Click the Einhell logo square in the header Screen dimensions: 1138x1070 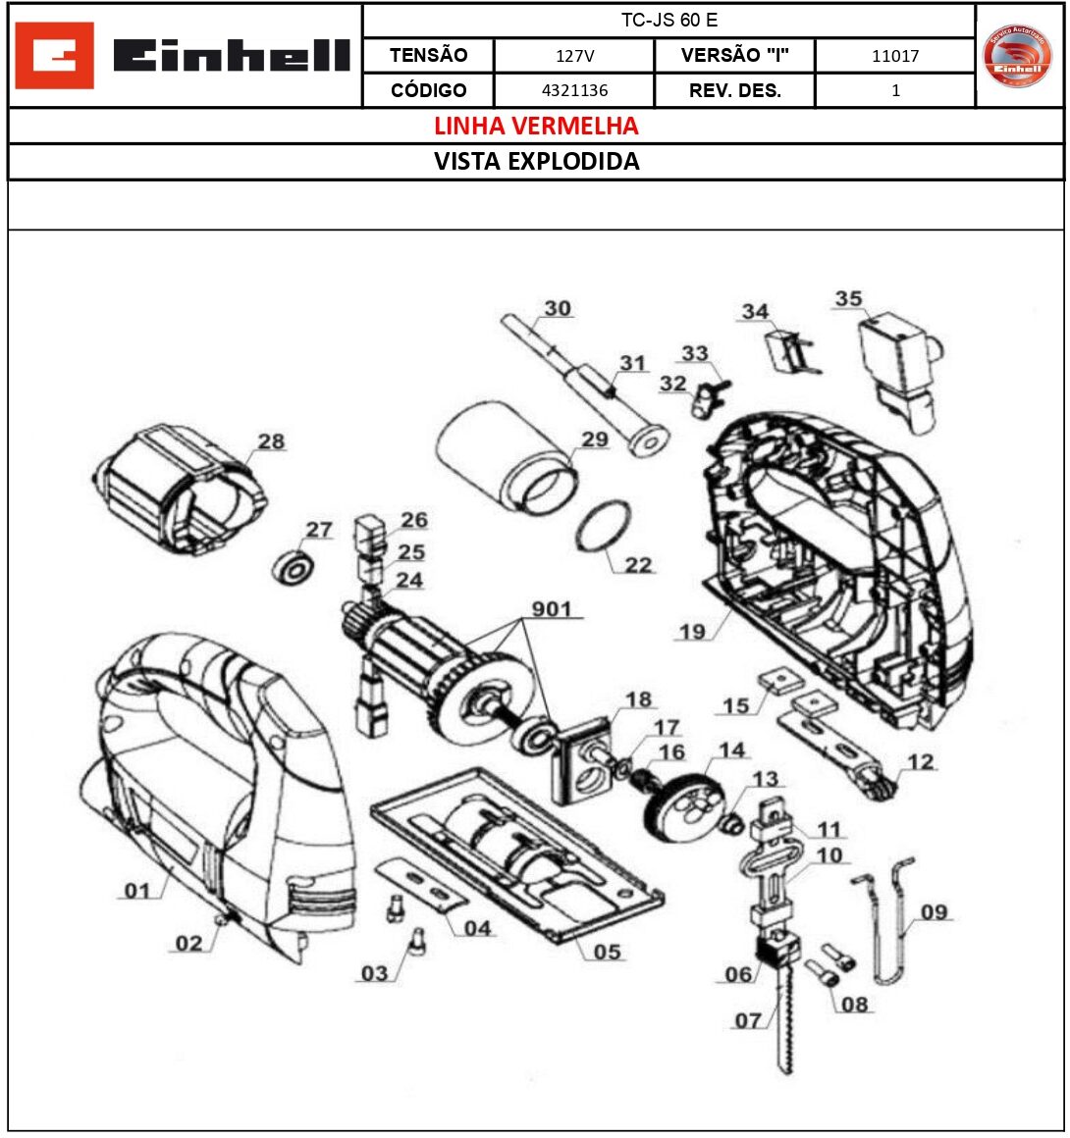coord(55,56)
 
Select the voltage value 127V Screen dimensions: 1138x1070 coord(574,56)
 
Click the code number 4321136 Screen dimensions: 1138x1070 coord(574,90)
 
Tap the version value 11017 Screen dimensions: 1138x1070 coord(895,56)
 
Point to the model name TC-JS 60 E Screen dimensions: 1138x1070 coord(669,21)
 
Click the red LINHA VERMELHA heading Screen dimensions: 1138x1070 coord(536,126)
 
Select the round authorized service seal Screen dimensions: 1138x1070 coord(1017,56)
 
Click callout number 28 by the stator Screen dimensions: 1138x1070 coord(271,441)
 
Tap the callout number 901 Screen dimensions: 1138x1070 coord(552,609)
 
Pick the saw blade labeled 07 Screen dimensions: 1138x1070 coord(784,1020)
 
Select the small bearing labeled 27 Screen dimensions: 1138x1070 coord(294,567)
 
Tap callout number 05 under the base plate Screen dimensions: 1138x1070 coord(608,952)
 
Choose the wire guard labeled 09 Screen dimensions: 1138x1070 coord(888,917)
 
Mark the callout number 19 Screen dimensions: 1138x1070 coord(692,632)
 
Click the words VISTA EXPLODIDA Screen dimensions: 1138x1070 coord(536,162)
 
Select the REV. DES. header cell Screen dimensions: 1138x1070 coord(734,90)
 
